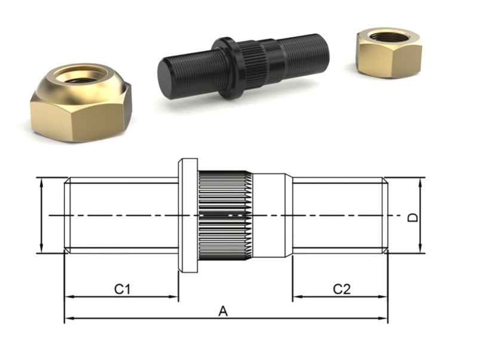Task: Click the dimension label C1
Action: click(122, 289)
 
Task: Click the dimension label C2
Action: click(342, 289)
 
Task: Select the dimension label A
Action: click(223, 311)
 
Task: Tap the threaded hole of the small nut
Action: click(388, 37)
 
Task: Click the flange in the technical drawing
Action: click(188, 215)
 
